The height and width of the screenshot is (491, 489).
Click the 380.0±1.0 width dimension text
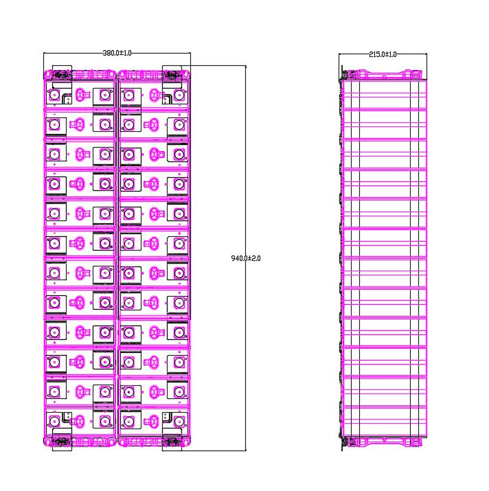tap(117, 53)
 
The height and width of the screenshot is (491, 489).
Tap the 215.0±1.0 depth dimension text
tap(383, 54)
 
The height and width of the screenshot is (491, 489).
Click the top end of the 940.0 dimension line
tap(245, 66)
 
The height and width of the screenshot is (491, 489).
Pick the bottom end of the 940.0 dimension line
tap(245, 451)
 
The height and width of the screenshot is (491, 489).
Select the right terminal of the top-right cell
tap(179, 95)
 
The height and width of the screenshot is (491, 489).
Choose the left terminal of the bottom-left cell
tap(56, 420)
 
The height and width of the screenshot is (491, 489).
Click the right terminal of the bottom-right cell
tap(179, 420)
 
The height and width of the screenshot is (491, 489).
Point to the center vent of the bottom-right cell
tap(155, 420)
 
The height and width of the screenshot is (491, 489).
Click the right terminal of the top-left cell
tap(104, 95)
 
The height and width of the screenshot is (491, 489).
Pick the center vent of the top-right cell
tap(155, 95)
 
